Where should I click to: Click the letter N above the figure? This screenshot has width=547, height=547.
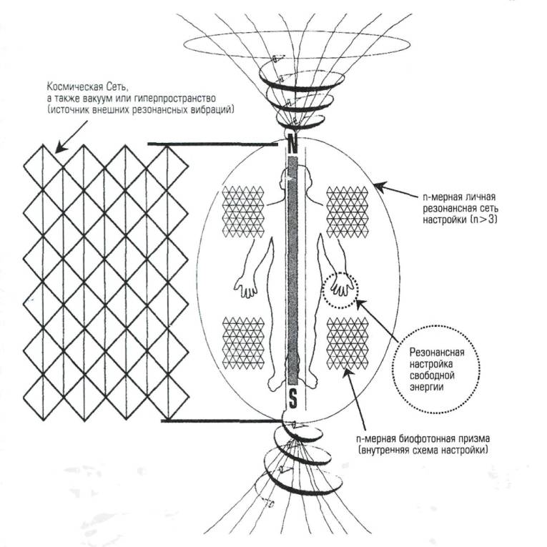[292, 144]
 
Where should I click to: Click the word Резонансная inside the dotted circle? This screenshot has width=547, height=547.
[435, 353]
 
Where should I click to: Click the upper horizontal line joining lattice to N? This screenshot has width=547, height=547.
[215, 145]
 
